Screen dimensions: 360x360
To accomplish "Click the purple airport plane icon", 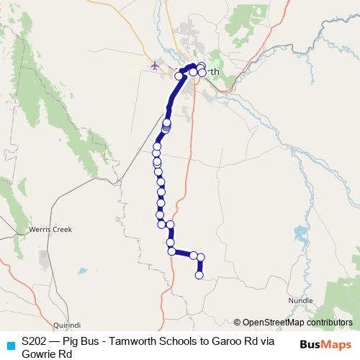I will pyautogui.click(x=155, y=66).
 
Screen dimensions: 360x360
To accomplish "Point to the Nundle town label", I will pyautogui.click(x=300, y=300).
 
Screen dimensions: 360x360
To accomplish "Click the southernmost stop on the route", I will pyautogui.click(x=199, y=274).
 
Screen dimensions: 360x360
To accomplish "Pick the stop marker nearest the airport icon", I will pyautogui.click(x=179, y=76).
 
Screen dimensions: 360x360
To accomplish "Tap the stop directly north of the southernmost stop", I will pyautogui.click(x=201, y=258).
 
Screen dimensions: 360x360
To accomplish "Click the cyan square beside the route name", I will pyautogui.click(x=10, y=344).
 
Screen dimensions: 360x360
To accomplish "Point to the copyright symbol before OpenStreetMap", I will pyautogui.click(x=237, y=323).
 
